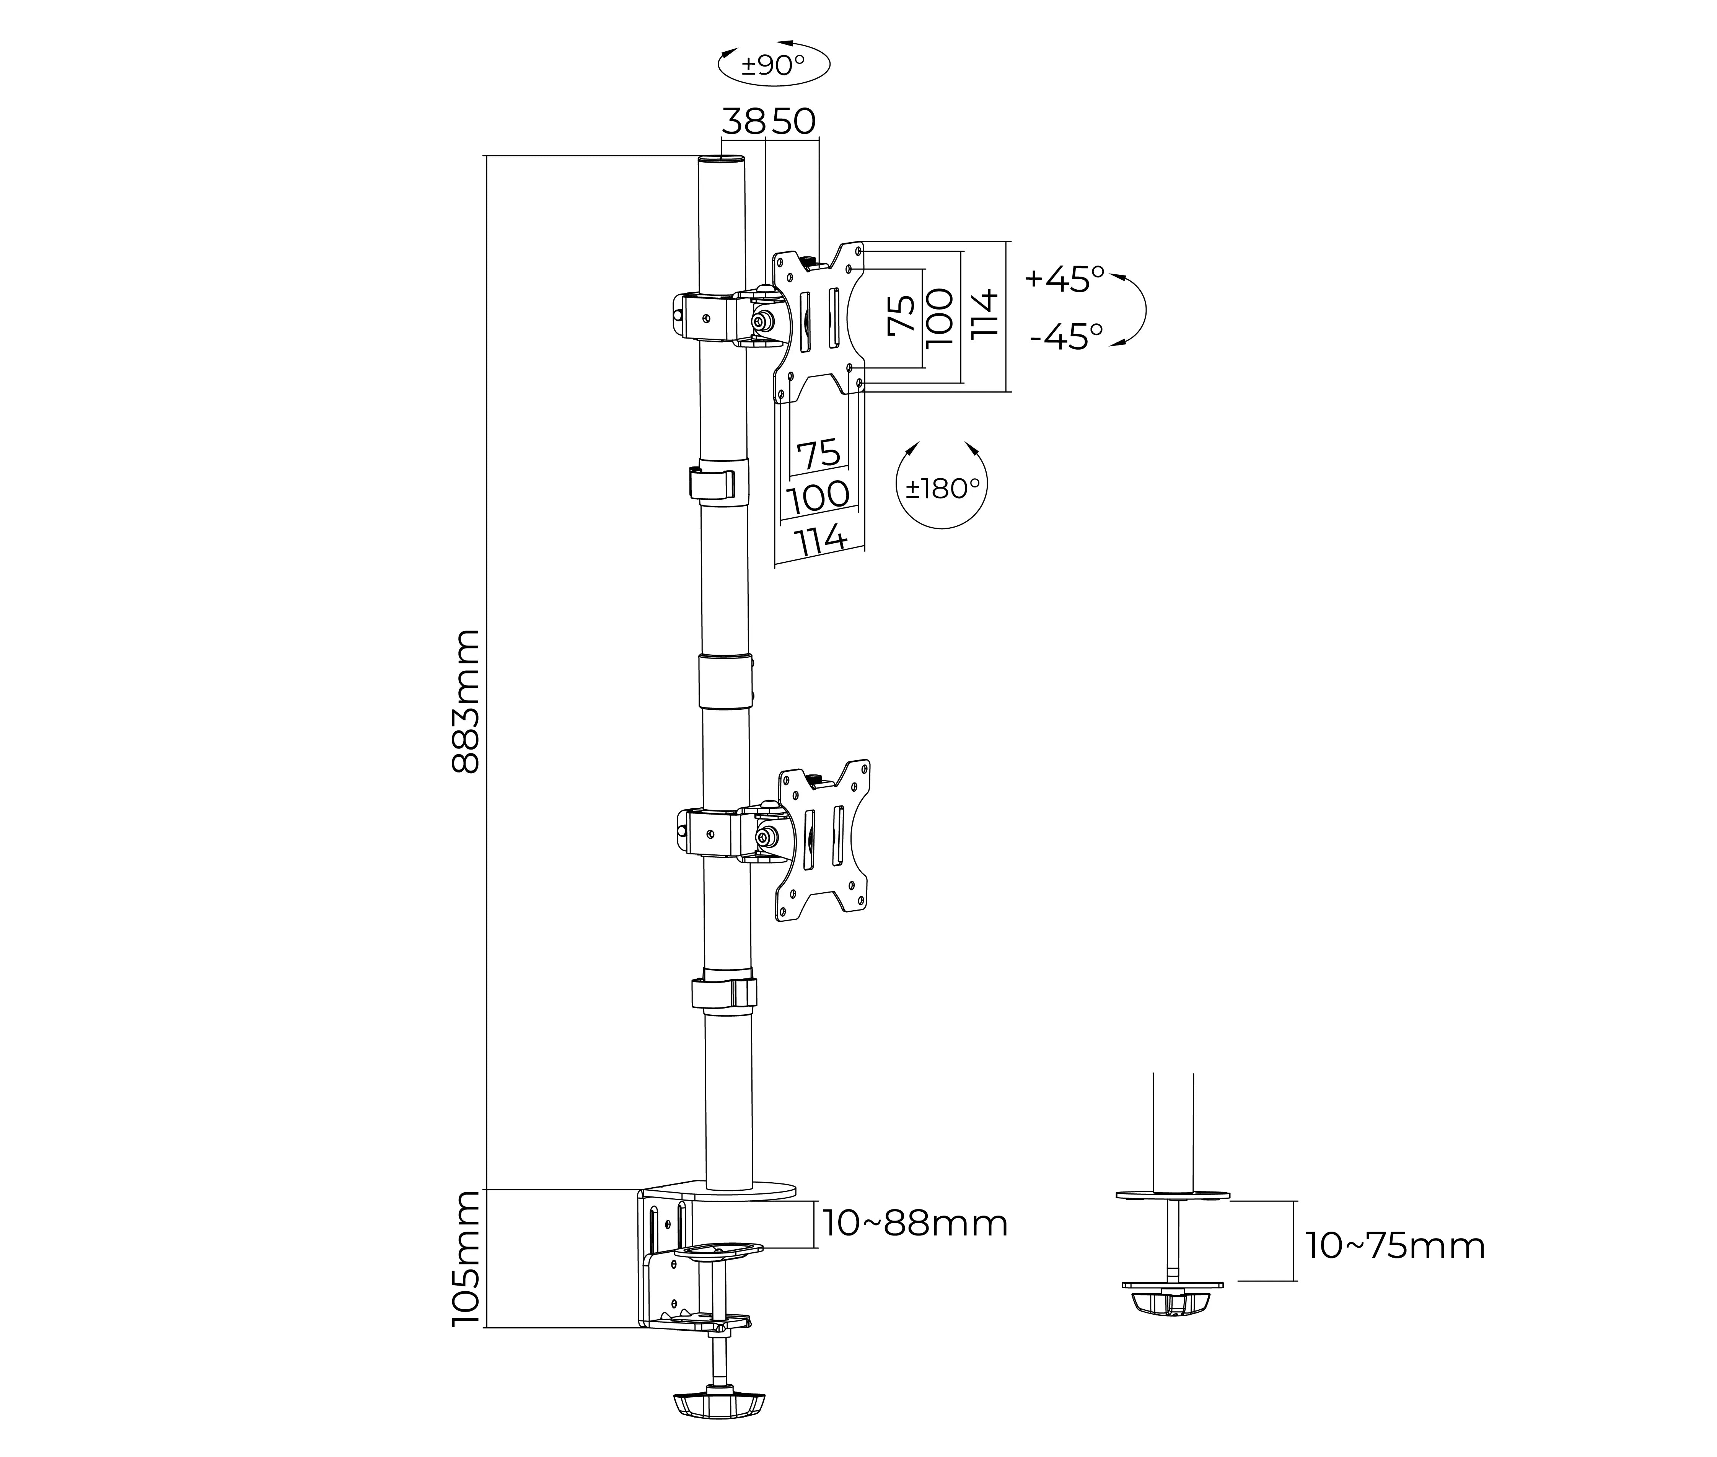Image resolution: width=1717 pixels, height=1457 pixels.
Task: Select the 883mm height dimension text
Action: click(x=467, y=701)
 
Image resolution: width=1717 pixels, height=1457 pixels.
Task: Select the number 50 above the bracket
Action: click(x=794, y=122)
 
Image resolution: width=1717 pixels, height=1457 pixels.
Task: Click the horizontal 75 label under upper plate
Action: click(x=818, y=453)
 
